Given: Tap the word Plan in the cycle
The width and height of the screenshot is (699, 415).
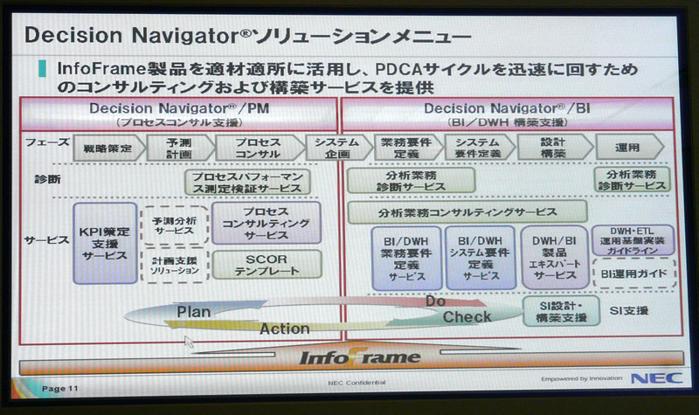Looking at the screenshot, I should click(194, 312).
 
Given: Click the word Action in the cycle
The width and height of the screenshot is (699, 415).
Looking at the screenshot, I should click(284, 329).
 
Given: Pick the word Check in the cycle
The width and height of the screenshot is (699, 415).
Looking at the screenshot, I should click(467, 316).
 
